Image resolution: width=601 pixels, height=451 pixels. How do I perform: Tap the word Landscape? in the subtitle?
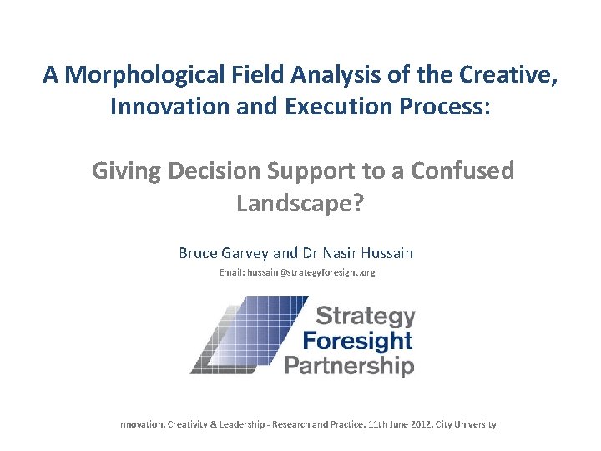pyautogui.click(x=300, y=202)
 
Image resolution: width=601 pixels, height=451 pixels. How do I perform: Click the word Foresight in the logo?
pyautogui.click(x=357, y=341)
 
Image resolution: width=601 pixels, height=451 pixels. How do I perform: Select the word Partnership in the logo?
pyautogui.click(x=349, y=365)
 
